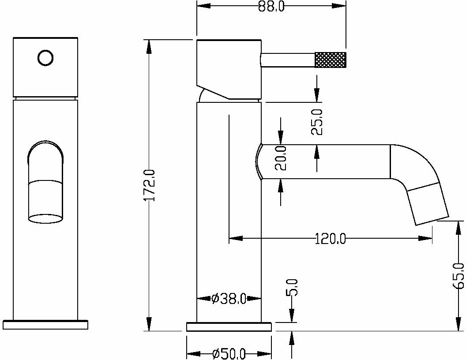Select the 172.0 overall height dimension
click(150, 186)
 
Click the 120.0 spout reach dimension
click(331, 239)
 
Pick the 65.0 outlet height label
click(459, 275)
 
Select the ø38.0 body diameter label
click(229, 299)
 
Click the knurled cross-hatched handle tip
click(330, 60)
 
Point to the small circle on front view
click(45, 58)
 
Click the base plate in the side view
click(229, 327)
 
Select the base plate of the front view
click(45, 324)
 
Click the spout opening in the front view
click(45, 217)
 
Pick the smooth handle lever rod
click(288, 60)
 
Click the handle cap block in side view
click(229, 66)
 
